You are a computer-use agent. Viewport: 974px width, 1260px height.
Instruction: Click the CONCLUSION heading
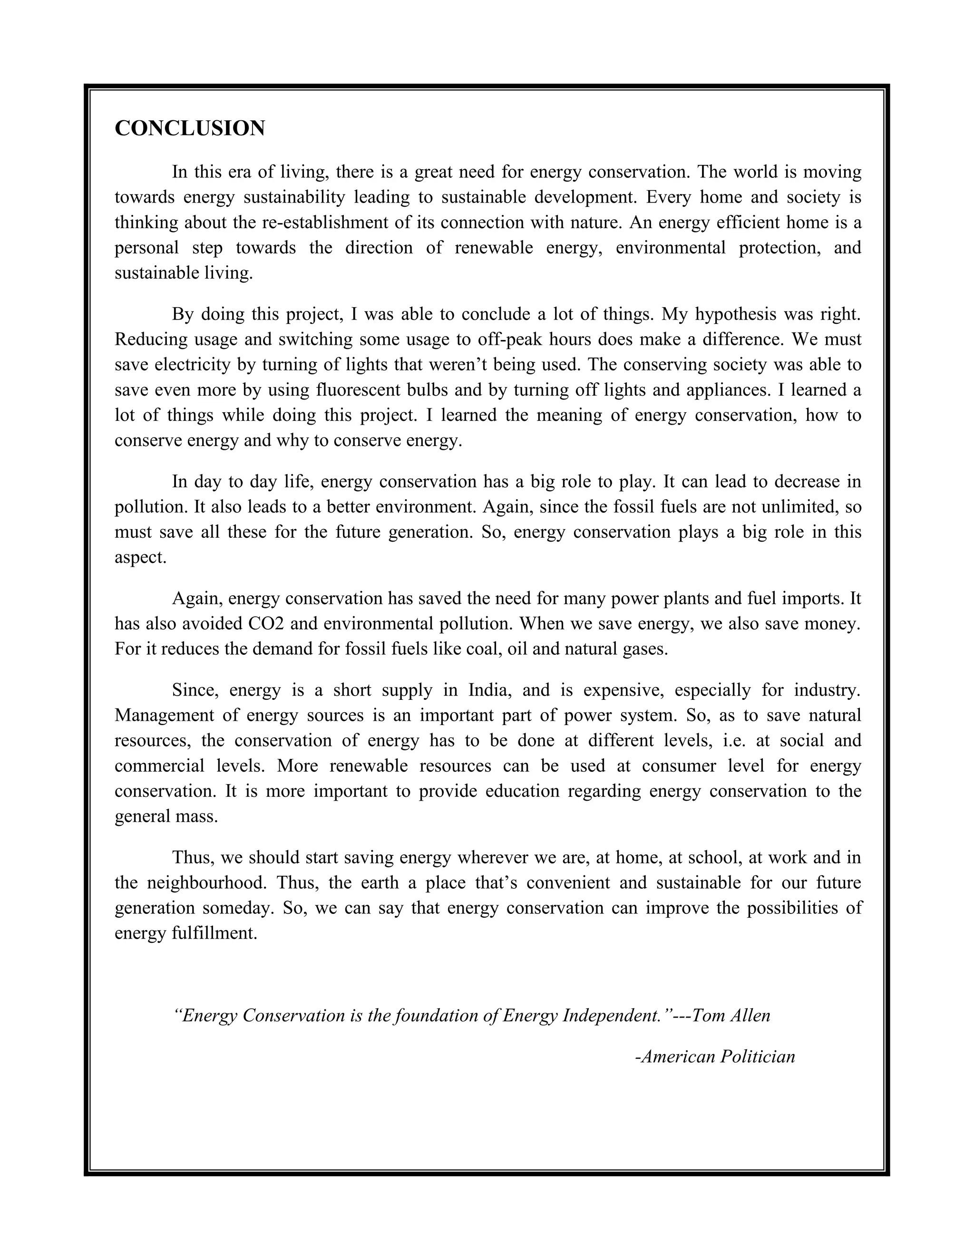click(190, 128)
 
